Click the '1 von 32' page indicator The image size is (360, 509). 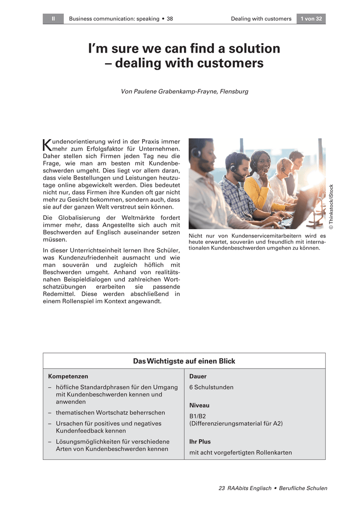click(x=311, y=19)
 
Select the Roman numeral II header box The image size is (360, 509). click(x=53, y=19)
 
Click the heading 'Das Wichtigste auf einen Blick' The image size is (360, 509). click(x=184, y=361)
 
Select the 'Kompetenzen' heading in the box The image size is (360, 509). click(x=68, y=376)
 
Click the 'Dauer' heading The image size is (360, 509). click(x=198, y=376)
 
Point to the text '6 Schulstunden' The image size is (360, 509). click(x=211, y=387)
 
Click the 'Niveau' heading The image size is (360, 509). click(x=199, y=406)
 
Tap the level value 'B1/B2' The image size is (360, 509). click(x=197, y=416)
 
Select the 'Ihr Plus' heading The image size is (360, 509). click(x=200, y=442)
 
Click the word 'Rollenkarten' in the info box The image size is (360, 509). click(x=274, y=453)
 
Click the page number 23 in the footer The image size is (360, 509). click(x=221, y=488)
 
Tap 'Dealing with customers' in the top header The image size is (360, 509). click(x=261, y=19)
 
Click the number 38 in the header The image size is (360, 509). click(x=169, y=19)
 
